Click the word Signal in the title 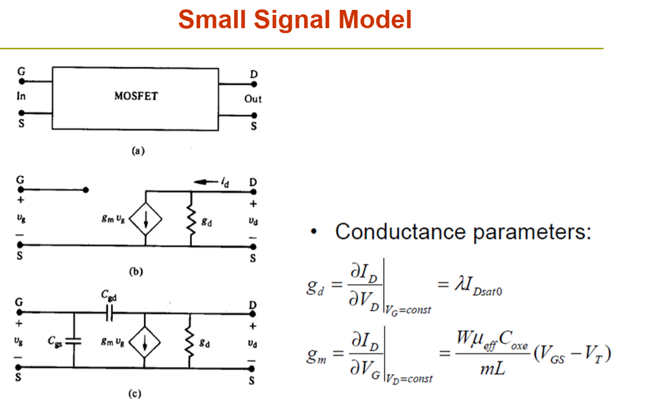tap(292, 21)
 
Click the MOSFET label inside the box tap(136, 96)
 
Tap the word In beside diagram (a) tap(21, 96)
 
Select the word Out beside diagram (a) tap(253, 99)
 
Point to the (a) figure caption tap(138, 151)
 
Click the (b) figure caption tap(136, 272)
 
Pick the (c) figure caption tap(135, 394)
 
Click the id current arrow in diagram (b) tap(206, 182)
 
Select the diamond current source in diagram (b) tap(146, 219)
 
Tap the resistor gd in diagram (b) tap(191, 220)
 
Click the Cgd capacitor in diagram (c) tap(109, 313)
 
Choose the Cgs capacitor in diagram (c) tap(74, 341)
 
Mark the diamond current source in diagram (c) tap(144, 342)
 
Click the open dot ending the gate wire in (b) tap(86, 190)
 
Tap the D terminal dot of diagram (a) tap(254, 84)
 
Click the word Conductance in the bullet tap(400, 232)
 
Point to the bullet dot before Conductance tap(314, 231)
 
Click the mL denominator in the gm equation tap(493, 368)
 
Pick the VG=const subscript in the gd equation tap(408, 310)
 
